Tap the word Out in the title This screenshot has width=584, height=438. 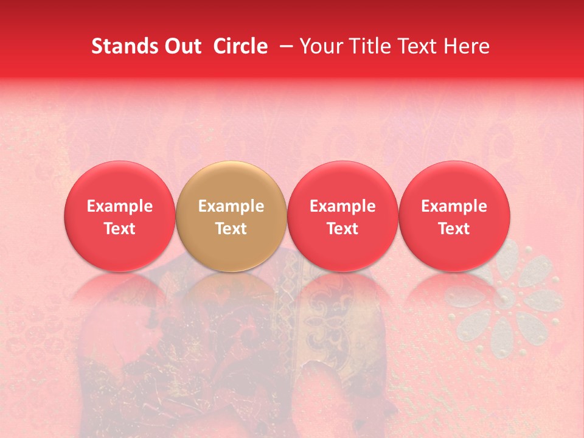181,46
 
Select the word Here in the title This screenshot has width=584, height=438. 467,46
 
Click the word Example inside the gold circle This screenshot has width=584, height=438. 231,206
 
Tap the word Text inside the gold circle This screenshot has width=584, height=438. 231,229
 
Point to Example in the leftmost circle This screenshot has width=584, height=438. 120,206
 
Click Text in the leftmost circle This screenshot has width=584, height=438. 120,229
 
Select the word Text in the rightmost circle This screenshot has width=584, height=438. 454,229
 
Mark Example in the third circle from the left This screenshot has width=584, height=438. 342,206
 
